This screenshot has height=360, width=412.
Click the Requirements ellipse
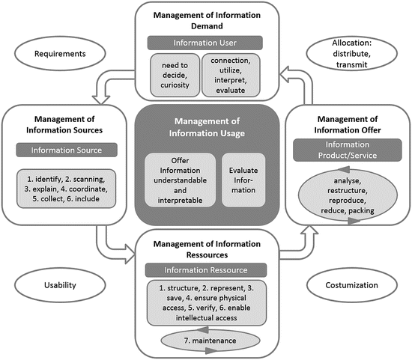click(53, 54)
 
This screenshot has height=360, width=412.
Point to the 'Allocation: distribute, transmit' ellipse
click(356, 54)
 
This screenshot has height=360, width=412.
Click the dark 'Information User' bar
click(205, 42)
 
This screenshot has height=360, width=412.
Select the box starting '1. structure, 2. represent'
click(205, 302)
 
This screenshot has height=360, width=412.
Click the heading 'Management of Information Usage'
click(205, 129)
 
